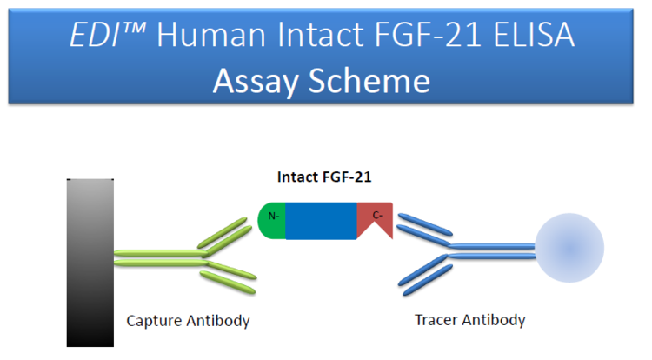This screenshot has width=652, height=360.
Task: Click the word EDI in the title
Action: [94, 35]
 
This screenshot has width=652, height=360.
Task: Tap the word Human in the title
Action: [211, 35]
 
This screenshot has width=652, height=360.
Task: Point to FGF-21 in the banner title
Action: [428, 35]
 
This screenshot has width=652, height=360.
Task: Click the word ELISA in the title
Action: [534, 35]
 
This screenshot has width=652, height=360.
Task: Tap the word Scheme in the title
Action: [369, 80]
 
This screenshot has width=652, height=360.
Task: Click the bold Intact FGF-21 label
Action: [324, 177]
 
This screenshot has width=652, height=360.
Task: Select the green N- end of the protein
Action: [272, 221]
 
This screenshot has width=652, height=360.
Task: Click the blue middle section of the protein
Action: [321, 221]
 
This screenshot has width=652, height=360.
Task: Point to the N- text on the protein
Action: [274, 217]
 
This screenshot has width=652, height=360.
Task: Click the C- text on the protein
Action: [377, 216]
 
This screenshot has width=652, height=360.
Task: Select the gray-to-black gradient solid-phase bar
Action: [90, 263]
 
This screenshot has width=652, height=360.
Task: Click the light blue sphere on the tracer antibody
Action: [569, 248]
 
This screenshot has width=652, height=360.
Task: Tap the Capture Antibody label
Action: [188, 321]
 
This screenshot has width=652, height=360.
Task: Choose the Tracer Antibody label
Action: [469, 320]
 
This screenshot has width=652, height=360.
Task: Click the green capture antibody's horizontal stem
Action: [161, 257]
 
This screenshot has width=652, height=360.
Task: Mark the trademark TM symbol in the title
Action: [134, 28]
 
